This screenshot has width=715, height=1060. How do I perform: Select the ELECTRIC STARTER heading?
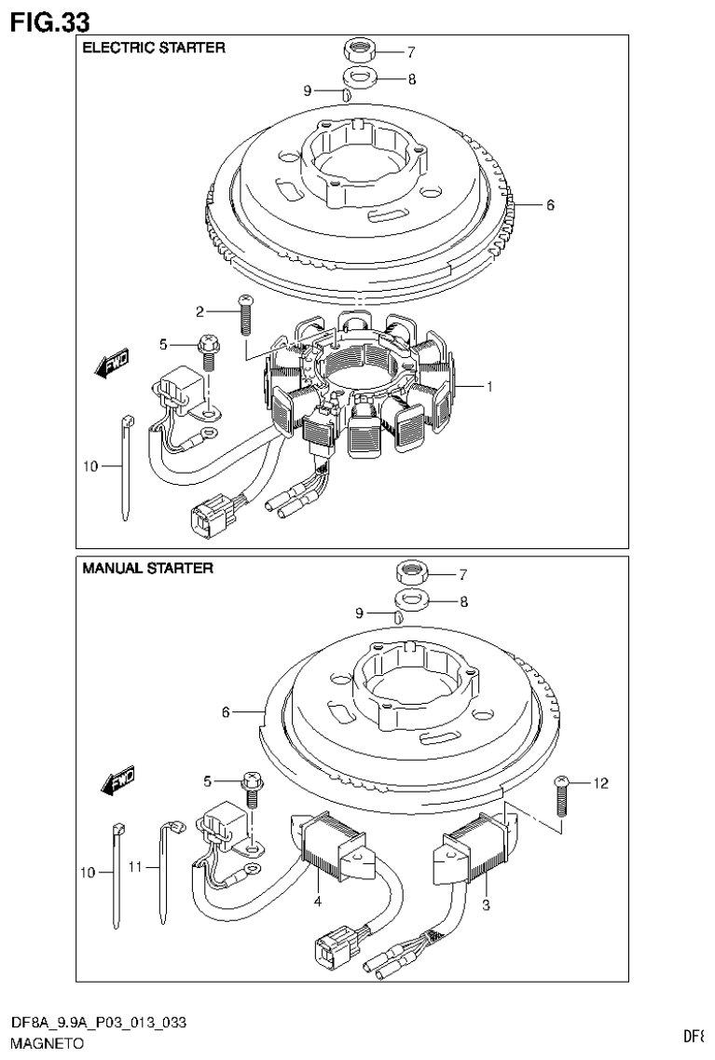pyautogui.click(x=154, y=48)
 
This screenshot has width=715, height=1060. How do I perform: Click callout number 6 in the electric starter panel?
pyautogui.click(x=550, y=205)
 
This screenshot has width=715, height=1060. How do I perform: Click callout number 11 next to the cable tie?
pyautogui.click(x=134, y=866)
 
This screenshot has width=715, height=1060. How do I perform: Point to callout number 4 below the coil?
pyautogui.click(x=318, y=902)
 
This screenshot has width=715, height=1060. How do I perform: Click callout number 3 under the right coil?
pyautogui.click(x=486, y=903)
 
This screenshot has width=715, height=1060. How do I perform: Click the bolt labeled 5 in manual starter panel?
pyautogui.click(x=250, y=785)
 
